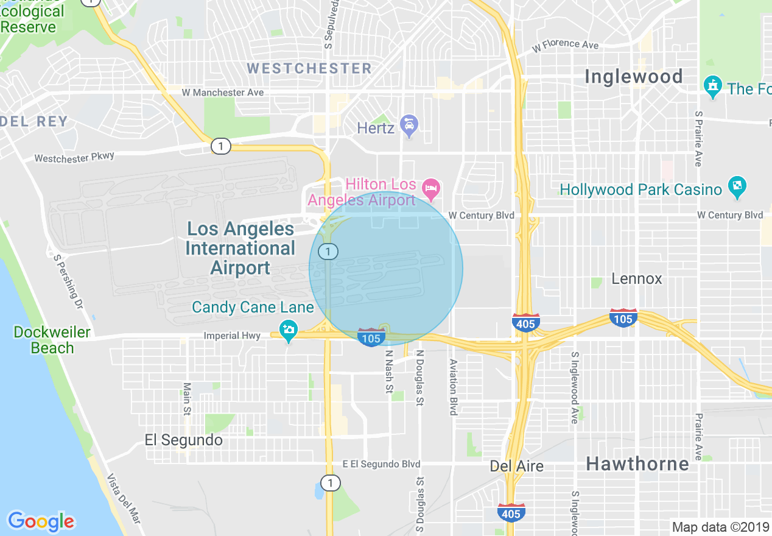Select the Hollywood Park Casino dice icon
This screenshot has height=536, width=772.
[737, 188]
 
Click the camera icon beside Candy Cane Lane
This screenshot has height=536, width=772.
[289, 331]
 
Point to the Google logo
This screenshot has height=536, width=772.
[41, 521]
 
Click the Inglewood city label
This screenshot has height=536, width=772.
[633, 77]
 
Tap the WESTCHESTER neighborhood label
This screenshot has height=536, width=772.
[309, 68]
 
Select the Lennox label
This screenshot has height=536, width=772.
[636, 279]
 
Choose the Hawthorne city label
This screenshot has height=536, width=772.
[637, 464]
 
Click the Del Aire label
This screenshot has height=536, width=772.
[517, 467]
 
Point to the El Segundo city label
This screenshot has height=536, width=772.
[183, 440]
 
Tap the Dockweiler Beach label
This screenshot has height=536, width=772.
[52, 340]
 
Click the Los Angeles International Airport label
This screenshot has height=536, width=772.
[240, 249]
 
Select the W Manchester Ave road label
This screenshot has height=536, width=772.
[223, 93]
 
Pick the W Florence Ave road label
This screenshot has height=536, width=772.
[565, 45]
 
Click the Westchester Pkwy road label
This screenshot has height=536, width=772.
[74, 158]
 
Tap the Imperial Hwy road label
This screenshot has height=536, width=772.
[232, 336]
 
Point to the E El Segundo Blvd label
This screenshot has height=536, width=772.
[381, 464]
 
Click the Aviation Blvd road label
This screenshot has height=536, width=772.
[453, 387]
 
